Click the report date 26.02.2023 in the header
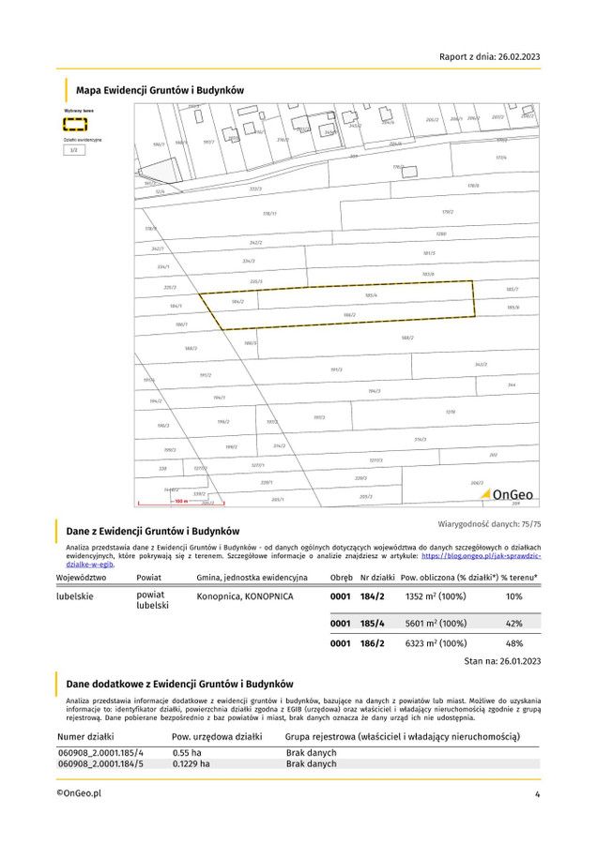point(514,57)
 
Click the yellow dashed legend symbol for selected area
point(75,123)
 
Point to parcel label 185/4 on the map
point(371,295)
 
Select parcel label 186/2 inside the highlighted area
point(349,314)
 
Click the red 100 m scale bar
point(180,502)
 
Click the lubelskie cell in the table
point(75,595)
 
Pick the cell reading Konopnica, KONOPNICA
point(244,595)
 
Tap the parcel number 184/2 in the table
point(374,595)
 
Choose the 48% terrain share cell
point(513,643)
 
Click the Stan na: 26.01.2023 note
point(503,662)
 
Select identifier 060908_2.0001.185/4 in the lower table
point(100,752)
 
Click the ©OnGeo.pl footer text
point(78,793)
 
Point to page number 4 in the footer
point(537,794)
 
